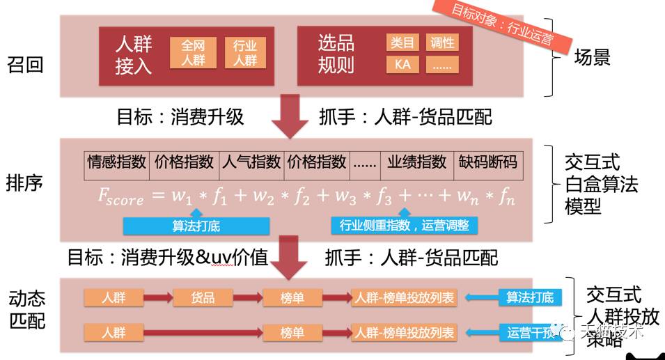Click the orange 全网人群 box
click(193, 53)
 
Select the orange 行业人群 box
click(244, 53)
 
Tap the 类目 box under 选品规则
click(402, 42)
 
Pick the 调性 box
click(441, 42)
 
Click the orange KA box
click(402, 65)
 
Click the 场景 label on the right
click(592, 57)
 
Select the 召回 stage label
click(25, 65)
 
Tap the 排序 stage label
click(25, 182)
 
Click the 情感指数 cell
click(116, 162)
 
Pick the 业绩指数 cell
click(416, 162)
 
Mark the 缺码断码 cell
click(487, 162)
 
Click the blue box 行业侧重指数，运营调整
click(404, 226)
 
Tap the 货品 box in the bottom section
click(203, 298)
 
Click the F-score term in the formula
click(120, 197)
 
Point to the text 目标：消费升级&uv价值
click(167, 258)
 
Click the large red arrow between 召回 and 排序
click(289, 117)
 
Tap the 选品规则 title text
click(336, 54)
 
